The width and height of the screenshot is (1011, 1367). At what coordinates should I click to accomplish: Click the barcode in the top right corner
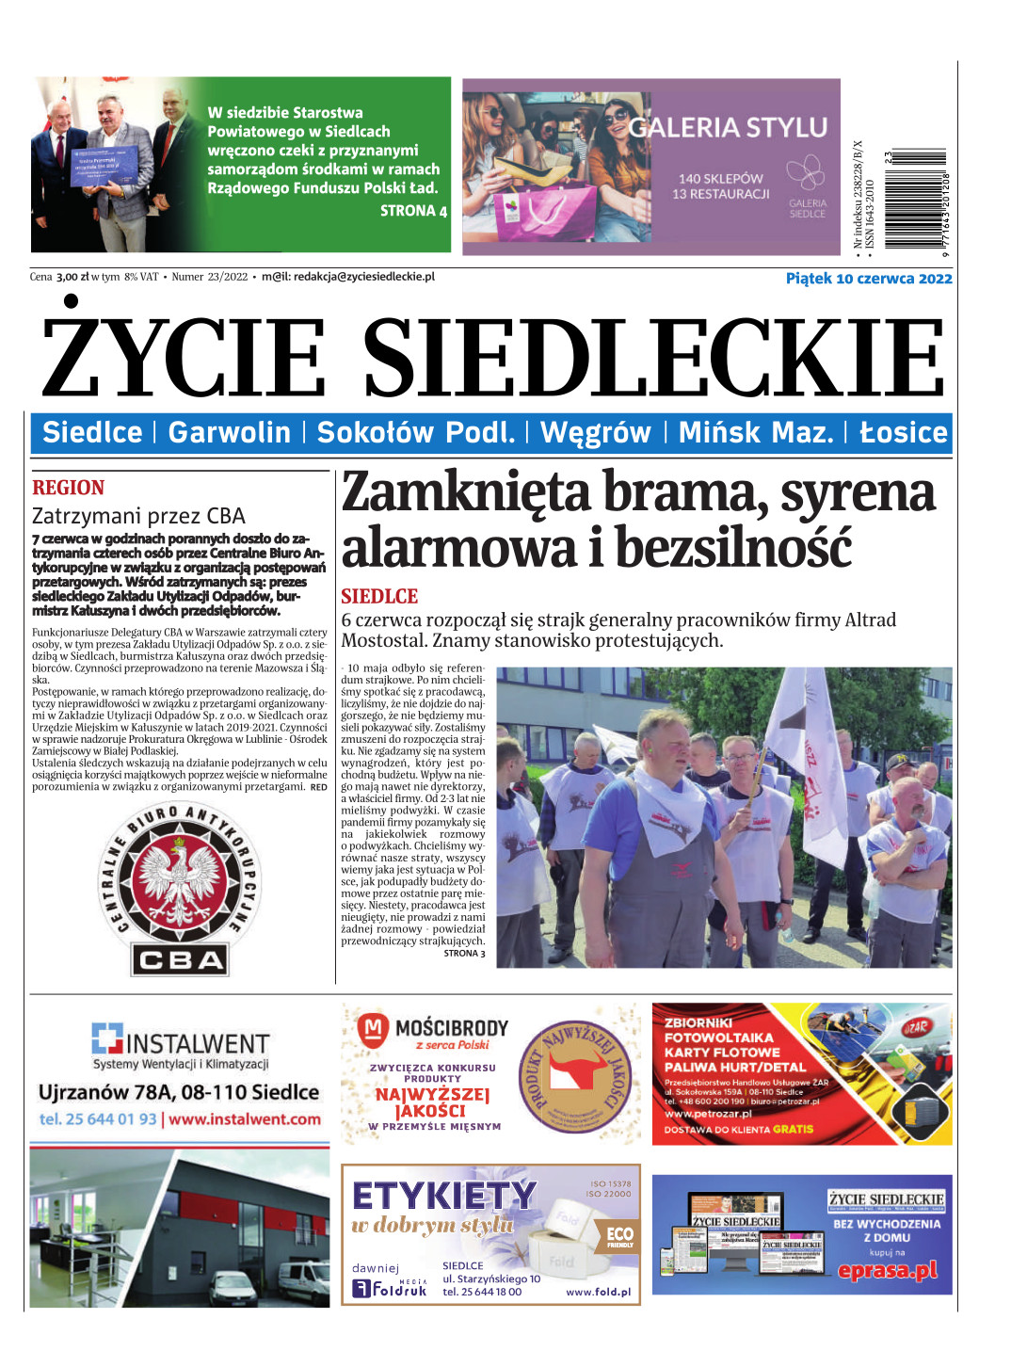917,202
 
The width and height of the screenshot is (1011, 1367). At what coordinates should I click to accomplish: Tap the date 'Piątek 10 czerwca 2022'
868,279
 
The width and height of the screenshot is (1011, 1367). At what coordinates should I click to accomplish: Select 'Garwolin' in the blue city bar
229,432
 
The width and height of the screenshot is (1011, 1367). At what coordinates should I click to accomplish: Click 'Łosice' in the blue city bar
903,432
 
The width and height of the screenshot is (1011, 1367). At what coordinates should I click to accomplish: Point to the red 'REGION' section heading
68,488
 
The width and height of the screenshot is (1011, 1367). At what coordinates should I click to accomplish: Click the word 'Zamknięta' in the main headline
466,492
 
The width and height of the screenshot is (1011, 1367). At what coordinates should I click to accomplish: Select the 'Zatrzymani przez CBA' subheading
138,516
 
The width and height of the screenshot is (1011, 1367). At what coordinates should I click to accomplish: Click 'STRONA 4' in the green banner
412,211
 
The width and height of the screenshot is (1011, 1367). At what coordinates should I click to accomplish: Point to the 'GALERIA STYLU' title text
728,127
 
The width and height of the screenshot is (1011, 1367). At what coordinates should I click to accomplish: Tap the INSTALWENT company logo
180,1041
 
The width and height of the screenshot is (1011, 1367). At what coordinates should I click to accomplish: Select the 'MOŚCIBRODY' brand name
451,1027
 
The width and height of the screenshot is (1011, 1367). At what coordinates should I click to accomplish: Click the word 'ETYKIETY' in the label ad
444,1196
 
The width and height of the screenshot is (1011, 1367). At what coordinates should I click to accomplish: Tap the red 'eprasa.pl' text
888,1270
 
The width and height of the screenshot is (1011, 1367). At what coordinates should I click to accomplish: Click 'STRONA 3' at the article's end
464,954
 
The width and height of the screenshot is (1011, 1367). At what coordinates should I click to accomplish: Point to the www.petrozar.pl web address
708,1114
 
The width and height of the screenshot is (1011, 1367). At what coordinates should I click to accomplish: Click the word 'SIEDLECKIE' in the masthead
653,359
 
